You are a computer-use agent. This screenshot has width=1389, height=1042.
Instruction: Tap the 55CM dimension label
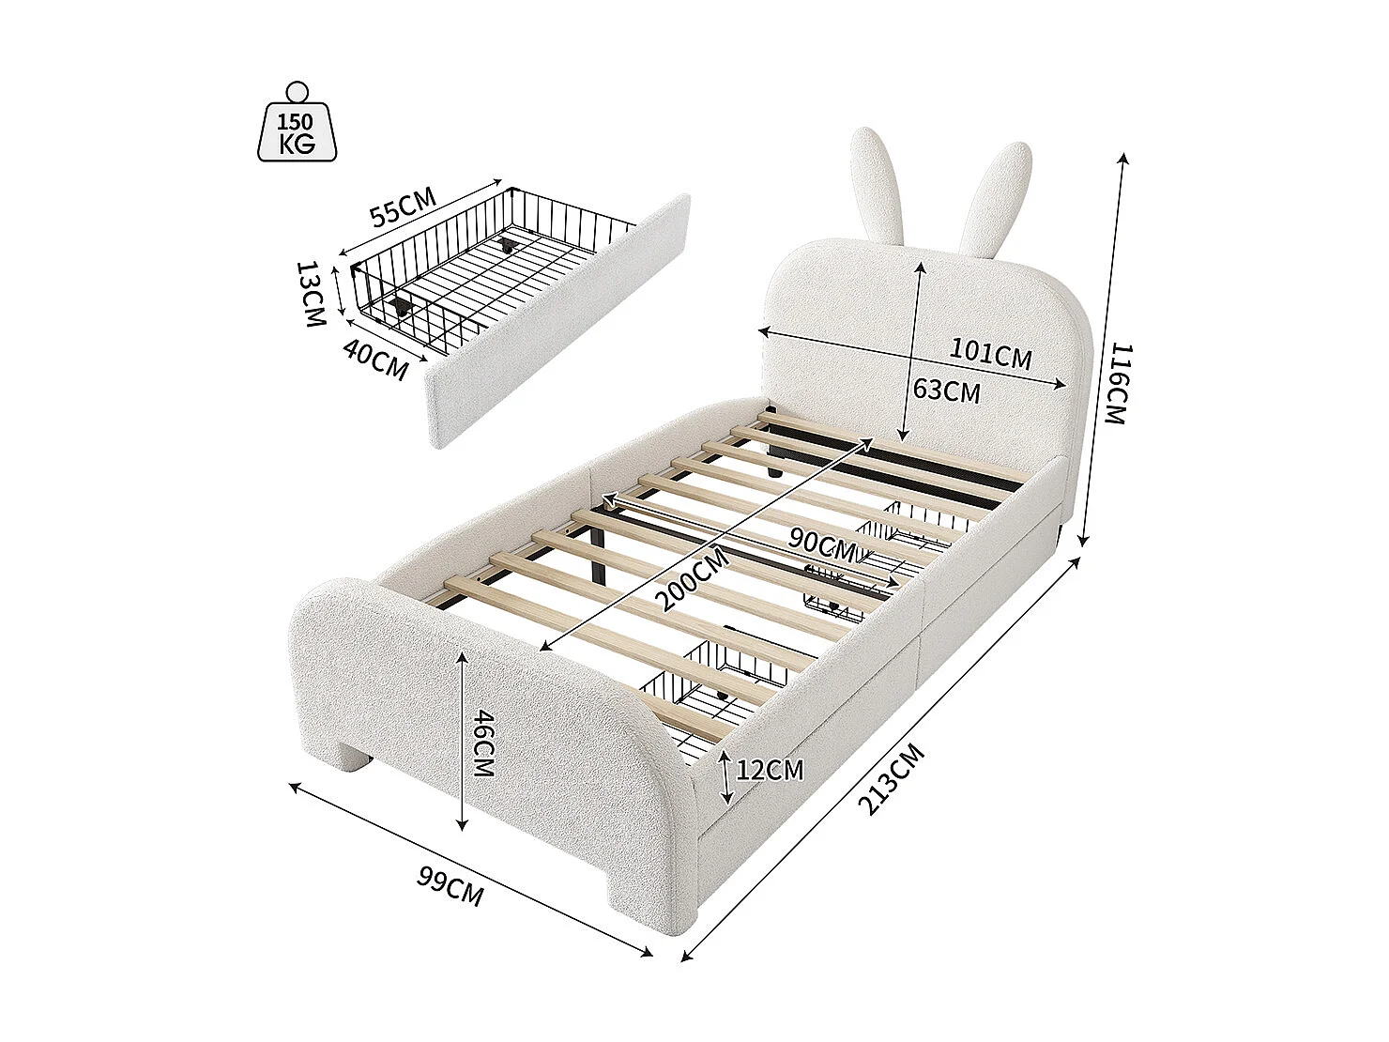tap(403, 208)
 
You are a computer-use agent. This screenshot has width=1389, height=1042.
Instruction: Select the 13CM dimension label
tap(311, 294)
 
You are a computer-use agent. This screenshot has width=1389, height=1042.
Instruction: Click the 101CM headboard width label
tap(990, 354)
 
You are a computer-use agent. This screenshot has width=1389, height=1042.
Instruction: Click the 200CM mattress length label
tap(694, 579)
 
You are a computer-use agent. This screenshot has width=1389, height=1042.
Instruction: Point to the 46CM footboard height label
tap(482, 743)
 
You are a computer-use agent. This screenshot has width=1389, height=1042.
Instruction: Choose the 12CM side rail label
tap(770, 771)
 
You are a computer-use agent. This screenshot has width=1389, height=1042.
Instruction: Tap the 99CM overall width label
tap(450, 888)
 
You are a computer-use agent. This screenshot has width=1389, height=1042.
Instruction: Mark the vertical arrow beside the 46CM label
tap(462, 742)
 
